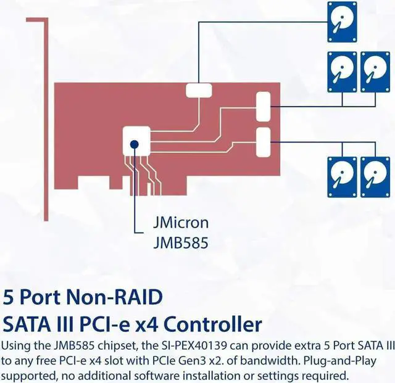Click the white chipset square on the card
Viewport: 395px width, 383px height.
(x=136, y=141)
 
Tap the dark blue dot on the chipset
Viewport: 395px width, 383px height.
(x=135, y=146)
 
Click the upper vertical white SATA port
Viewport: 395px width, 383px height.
(x=264, y=106)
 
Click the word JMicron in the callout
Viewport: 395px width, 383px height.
(x=180, y=222)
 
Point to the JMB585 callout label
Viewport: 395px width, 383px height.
(x=180, y=242)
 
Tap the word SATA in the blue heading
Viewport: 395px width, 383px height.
(x=27, y=324)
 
